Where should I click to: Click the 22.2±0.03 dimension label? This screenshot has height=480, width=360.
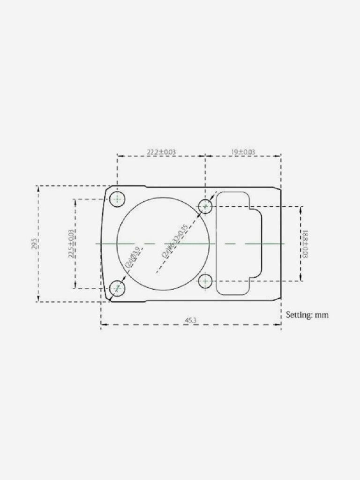(161, 152)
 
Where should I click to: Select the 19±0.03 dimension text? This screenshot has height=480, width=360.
(243, 152)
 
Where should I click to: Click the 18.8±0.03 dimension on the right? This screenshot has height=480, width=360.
(305, 244)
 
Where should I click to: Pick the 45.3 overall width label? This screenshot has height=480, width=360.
(190, 320)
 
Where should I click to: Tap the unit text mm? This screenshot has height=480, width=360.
(322, 315)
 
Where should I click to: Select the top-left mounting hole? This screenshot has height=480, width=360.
(117, 199)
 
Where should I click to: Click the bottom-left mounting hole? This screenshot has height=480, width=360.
(117, 289)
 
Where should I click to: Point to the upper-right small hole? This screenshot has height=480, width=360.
(205, 206)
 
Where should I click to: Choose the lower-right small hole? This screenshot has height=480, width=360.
(205, 281)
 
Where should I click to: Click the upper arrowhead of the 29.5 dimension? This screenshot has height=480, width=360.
(37, 187)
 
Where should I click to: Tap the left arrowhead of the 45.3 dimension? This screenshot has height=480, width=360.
(103, 324)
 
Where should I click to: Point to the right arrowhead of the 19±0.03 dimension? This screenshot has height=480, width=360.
(279, 156)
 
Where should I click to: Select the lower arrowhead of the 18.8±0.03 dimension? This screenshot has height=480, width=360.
(300, 280)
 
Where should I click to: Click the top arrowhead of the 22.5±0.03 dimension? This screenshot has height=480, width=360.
(75, 200)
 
